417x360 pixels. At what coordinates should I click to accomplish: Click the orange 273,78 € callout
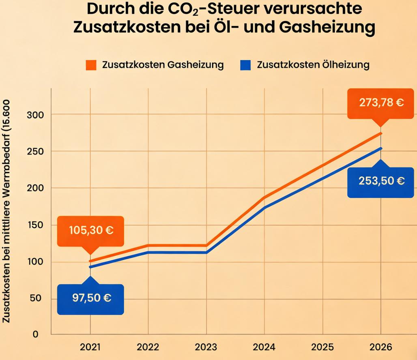(381, 103)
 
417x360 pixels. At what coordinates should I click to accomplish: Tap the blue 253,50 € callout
(381, 181)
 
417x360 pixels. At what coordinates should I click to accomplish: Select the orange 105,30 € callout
(90, 231)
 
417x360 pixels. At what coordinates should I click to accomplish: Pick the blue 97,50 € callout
(90, 298)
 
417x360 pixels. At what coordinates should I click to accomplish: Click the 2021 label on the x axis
(90, 347)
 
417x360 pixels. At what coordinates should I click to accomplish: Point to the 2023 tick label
(206, 347)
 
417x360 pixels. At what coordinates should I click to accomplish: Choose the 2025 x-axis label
(322, 347)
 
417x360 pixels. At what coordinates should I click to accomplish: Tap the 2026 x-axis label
(381, 347)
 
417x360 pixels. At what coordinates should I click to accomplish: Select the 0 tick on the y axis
(36, 335)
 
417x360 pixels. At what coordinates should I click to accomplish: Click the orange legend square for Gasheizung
(91, 65)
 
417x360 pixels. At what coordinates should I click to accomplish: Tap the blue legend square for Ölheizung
(245, 65)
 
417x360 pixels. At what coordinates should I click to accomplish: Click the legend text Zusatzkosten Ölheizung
(313, 65)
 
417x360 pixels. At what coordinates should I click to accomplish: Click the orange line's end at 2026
(381, 133)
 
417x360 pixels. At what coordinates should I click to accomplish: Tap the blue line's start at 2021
(90, 267)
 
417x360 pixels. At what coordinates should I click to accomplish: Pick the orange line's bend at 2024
(264, 197)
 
